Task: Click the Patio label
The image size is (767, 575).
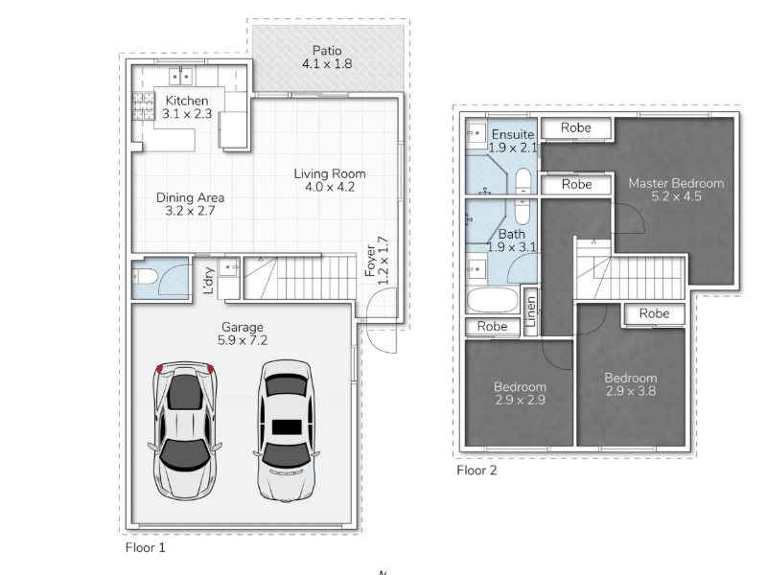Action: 327,51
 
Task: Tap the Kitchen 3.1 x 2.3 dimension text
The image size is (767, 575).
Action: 187,114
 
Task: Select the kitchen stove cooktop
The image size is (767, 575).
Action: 143,106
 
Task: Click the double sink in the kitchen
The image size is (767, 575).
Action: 180,77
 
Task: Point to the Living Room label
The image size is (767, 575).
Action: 330,173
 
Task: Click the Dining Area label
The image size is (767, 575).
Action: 190,197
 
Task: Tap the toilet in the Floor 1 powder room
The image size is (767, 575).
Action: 145,278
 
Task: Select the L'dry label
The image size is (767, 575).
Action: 208,280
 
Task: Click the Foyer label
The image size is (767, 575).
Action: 370,261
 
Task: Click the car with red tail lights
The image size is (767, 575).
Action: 185,430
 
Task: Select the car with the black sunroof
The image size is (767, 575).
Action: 286,431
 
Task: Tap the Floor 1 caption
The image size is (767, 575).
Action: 146,547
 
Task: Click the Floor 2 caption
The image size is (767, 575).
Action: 476,471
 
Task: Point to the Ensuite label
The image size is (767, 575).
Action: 513,134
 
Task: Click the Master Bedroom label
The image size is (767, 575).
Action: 676,183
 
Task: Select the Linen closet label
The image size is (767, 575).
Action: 530,311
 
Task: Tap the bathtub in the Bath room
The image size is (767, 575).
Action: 492,300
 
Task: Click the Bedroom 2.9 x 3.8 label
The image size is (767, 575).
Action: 631,384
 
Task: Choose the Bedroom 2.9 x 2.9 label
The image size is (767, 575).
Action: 520,393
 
